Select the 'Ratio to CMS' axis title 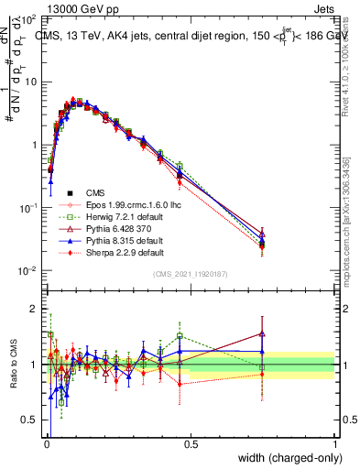point(12,365)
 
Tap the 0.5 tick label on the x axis point(191,443)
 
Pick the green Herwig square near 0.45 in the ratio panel point(180,336)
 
